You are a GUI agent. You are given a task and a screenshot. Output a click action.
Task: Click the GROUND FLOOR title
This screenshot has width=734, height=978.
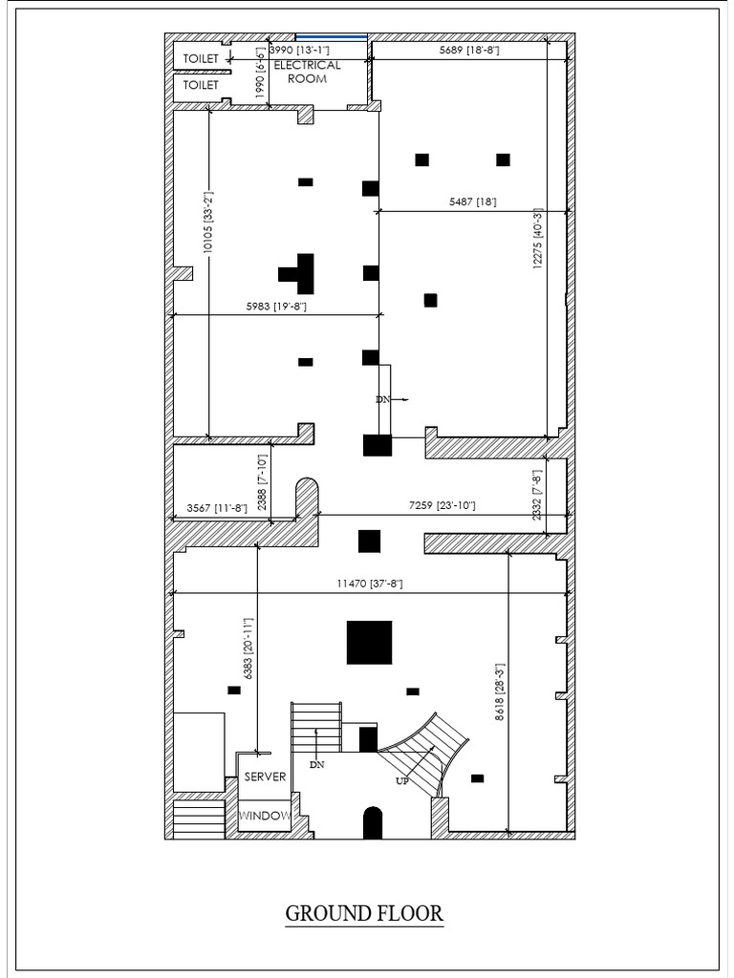(x=364, y=913)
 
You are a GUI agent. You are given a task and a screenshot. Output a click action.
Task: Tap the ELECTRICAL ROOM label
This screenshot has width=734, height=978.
(x=307, y=72)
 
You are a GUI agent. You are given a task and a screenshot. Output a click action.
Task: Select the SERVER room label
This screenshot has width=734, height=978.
(x=265, y=776)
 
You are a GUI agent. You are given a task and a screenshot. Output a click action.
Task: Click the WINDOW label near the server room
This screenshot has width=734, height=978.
(x=265, y=816)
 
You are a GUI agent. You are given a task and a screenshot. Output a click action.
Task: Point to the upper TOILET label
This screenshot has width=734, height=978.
(x=201, y=58)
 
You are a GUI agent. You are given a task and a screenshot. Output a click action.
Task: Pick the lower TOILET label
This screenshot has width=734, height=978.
(x=201, y=85)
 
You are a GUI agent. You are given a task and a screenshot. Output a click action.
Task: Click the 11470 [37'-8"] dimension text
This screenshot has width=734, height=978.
(x=370, y=584)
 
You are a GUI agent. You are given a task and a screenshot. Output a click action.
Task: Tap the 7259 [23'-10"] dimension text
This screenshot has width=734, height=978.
(x=442, y=505)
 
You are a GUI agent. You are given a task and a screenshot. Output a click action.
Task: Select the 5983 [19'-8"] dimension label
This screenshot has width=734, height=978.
(x=276, y=307)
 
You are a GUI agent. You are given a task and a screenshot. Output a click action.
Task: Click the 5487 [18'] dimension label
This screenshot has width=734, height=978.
(x=473, y=202)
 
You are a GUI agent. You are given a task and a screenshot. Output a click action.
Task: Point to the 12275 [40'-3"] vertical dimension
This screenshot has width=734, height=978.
(x=537, y=239)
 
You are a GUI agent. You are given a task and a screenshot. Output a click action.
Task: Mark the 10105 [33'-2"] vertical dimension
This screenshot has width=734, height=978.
(x=208, y=222)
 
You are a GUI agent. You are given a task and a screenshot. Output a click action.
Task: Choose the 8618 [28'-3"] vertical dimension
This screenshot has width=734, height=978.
(x=499, y=692)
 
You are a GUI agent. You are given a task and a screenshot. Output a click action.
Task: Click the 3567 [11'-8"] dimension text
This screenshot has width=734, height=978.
(x=217, y=508)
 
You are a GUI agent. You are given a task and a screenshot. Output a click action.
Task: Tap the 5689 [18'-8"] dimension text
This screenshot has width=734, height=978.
(x=469, y=50)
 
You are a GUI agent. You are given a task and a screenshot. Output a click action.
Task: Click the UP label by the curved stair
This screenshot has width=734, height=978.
(x=402, y=781)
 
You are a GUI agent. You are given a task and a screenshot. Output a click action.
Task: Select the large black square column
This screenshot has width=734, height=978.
(x=370, y=643)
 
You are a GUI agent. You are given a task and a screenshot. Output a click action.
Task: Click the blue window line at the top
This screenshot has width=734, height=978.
(x=332, y=37)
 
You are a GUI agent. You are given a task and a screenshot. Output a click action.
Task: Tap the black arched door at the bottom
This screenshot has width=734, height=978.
(x=373, y=822)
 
